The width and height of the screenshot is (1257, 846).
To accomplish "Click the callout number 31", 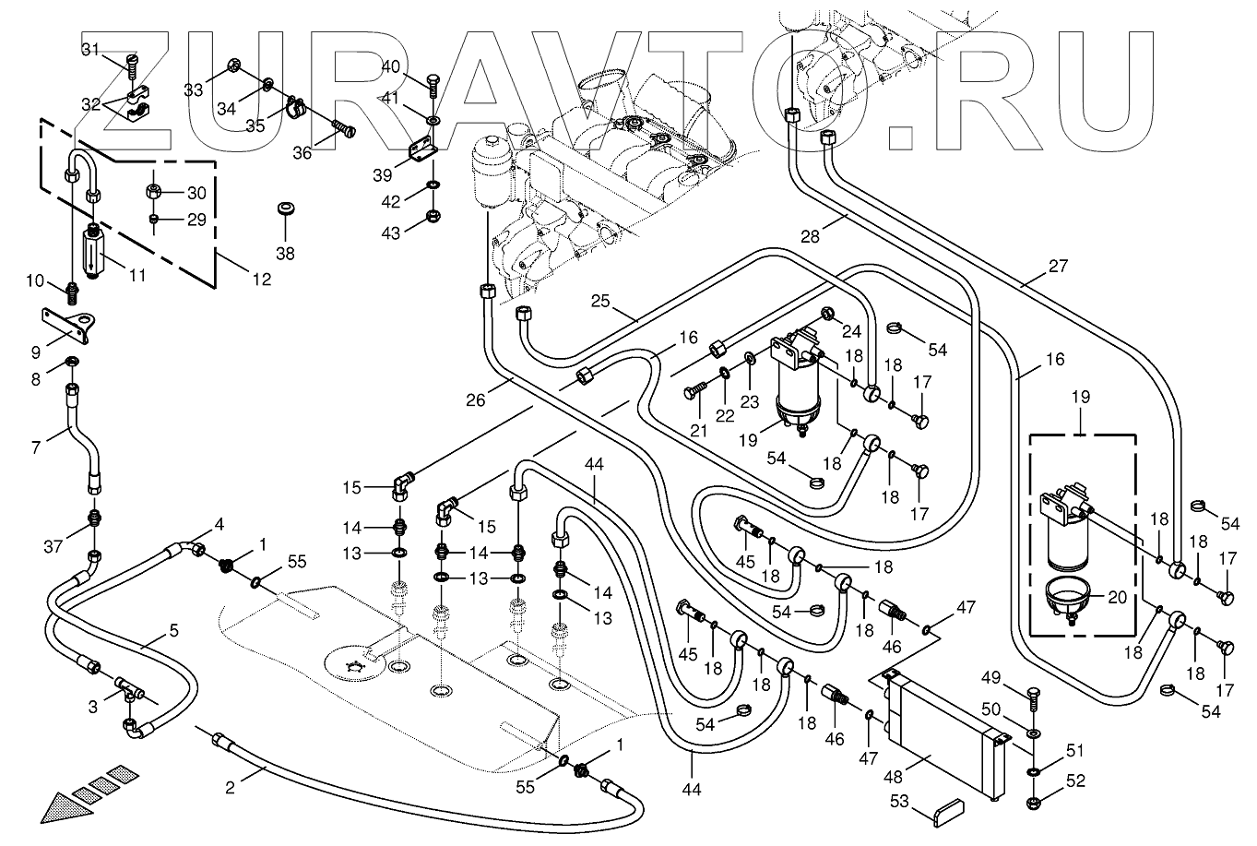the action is coord(90,50).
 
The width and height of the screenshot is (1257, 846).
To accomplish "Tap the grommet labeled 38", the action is coord(286,209).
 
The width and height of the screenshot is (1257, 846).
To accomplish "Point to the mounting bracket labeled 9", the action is coord(69,326).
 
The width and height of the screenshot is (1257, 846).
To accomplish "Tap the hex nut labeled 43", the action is coord(433,216).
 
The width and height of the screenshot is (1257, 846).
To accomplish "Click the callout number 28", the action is coord(810,237).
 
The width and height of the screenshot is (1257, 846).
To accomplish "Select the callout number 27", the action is coord(1058,266).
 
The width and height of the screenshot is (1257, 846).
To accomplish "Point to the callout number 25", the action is coord(599,302).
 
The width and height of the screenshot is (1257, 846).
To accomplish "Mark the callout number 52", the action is coord(1075,780).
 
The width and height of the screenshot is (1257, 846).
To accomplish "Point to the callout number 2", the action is coord(230,788).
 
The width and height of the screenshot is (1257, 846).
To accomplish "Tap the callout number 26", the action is coord(475,400).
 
